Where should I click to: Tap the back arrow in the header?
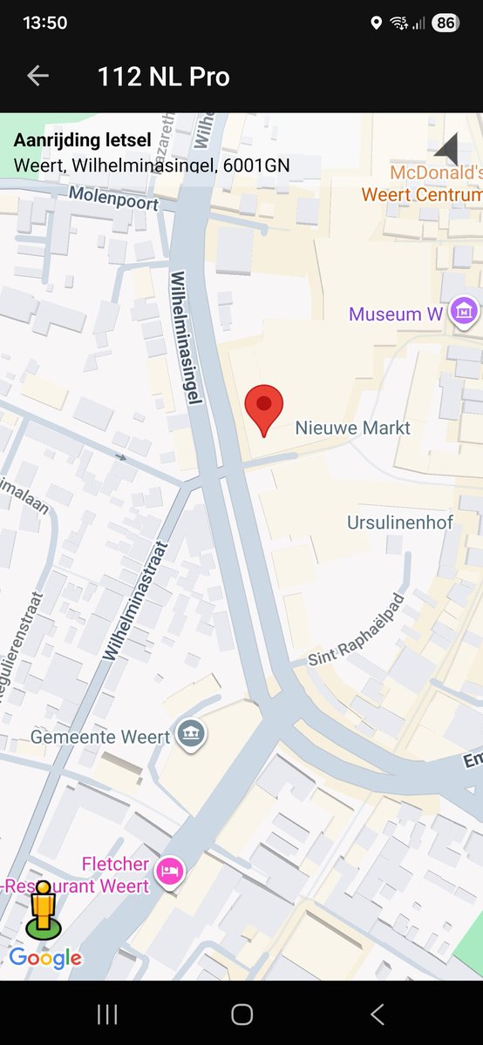tap(37, 77)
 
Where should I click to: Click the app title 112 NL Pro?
tap(163, 77)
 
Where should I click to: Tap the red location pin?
tap(264, 408)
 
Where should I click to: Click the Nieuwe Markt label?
tap(352, 428)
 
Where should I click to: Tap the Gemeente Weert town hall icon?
tap(189, 735)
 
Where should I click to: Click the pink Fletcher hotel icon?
tap(170, 868)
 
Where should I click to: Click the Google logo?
tap(45, 959)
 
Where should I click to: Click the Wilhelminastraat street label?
tap(135, 601)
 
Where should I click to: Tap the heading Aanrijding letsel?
tap(82, 140)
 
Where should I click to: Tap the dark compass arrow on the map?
tap(447, 149)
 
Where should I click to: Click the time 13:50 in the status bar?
tap(44, 24)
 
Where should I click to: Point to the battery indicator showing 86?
tap(445, 24)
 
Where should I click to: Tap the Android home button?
tap(241, 1014)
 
